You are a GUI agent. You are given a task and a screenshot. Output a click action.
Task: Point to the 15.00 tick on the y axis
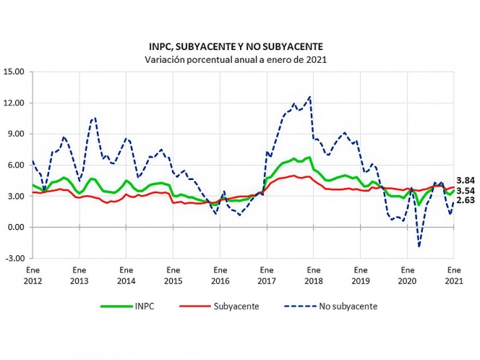point(14,72)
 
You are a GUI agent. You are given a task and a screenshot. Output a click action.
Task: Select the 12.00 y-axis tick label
point(14,103)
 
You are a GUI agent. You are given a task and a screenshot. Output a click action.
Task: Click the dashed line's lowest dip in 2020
point(419,247)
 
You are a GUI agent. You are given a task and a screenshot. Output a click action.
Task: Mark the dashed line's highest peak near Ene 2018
point(310,96)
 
